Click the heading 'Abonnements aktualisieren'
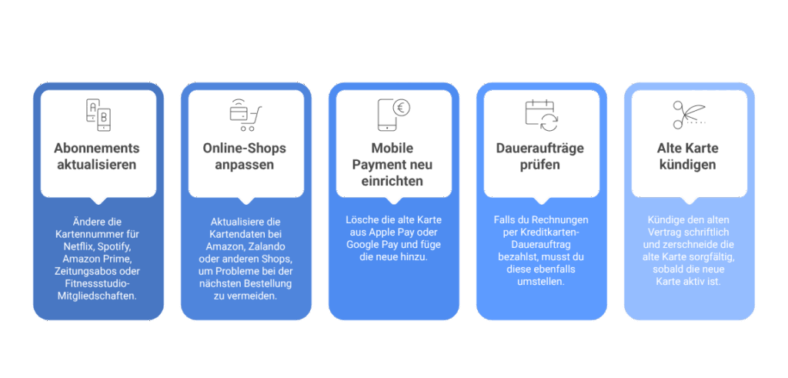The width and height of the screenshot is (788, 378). point(98,156)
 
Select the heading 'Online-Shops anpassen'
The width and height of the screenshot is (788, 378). point(245,156)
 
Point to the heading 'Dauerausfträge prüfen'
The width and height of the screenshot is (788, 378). point(541,156)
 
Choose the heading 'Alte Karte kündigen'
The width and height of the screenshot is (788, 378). point(689,156)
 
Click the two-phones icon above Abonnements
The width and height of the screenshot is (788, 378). point(98,115)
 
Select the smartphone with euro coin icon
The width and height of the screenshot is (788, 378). point(393,114)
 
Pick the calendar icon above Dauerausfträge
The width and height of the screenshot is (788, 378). point(541,114)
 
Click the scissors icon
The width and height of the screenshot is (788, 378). point(688,115)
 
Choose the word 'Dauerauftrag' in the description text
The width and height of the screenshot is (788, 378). point(541,244)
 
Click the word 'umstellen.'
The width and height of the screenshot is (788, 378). point(541,281)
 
